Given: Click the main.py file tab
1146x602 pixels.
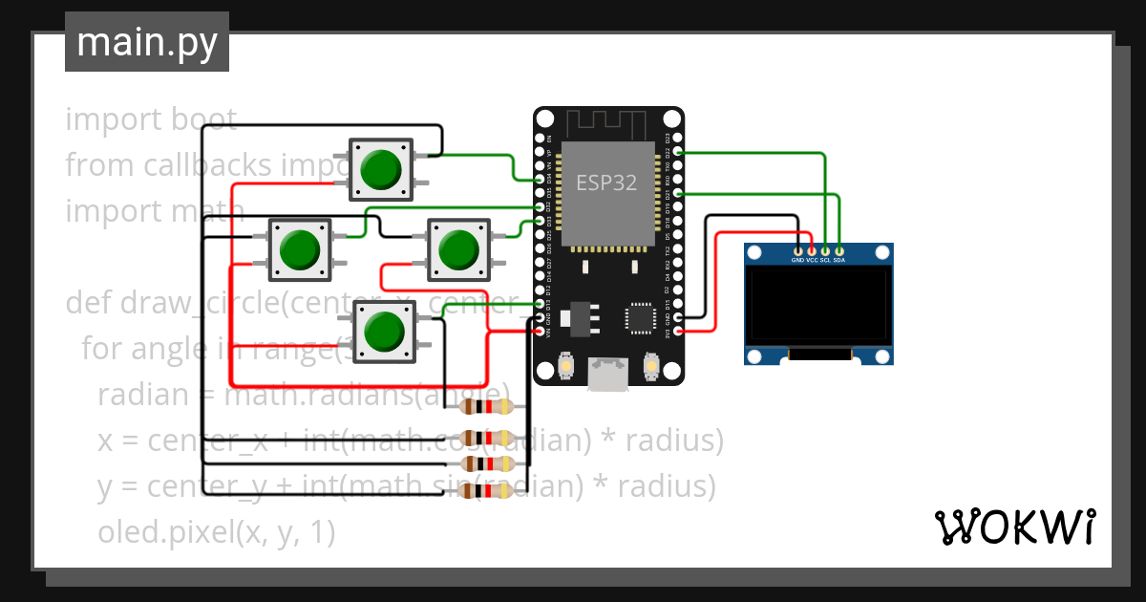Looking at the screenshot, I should [x=146, y=42].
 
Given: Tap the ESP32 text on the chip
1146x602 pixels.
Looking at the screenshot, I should [x=605, y=183].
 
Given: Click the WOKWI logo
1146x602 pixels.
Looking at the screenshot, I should [x=1013, y=527].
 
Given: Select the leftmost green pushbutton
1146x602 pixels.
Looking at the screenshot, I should [x=300, y=249].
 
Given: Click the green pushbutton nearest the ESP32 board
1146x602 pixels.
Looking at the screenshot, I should [x=458, y=249].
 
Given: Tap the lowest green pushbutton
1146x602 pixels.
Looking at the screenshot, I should [x=384, y=332].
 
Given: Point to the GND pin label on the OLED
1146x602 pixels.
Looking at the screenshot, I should [x=797, y=260].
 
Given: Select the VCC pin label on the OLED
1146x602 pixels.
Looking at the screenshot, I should [x=812, y=260].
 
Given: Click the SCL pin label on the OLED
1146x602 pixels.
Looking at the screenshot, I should [x=825, y=260].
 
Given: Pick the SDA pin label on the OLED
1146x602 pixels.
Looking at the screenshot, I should [x=838, y=260].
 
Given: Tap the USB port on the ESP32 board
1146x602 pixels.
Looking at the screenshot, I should [x=607, y=374].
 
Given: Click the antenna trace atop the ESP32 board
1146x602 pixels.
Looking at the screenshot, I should [x=607, y=123].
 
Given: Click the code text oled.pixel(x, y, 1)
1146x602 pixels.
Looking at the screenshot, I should [x=216, y=533].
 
